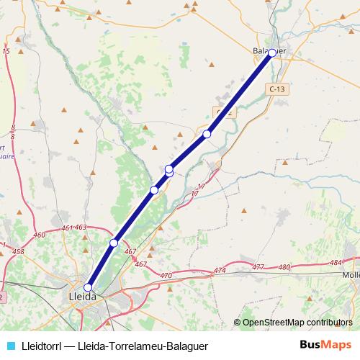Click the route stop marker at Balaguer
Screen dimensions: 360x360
(x=272, y=53)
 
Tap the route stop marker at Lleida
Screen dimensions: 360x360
(x=89, y=287)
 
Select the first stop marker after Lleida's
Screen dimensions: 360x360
(x=114, y=243)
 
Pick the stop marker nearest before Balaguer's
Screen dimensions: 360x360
(x=207, y=134)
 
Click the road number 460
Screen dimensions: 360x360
(x=40, y=235)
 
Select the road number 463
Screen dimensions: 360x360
(x=81, y=228)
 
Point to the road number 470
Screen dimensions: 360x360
(x=166, y=276)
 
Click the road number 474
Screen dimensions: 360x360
(x=220, y=271)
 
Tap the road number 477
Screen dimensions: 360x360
(x=258, y=267)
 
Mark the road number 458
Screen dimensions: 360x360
(x=19, y=251)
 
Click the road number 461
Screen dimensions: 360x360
(x=67, y=228)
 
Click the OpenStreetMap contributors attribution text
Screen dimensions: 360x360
(x=297, y=323)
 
